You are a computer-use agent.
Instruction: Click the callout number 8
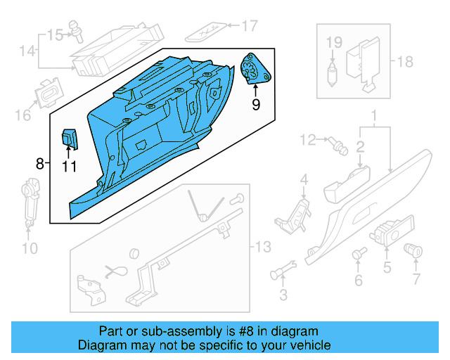pyautogui.click(x=39, y=164)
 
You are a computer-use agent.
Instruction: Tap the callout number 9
pyautogui.click(x=256, y=104)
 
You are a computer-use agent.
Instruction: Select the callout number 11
pyautogui.click(x=68, y=167)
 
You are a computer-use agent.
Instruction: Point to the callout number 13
pyautogui.click(x=262, y=247)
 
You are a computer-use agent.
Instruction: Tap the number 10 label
pyautogui.click(x=29, y=247)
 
